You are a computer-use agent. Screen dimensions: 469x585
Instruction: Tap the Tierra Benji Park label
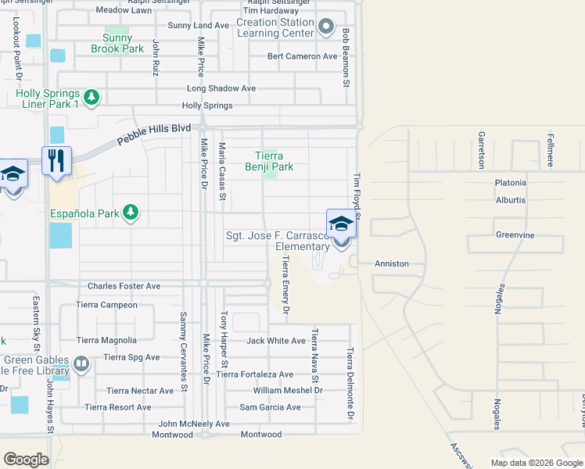269,161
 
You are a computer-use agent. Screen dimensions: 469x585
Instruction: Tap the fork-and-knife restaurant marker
56,161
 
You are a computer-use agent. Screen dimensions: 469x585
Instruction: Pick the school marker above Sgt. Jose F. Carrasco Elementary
341,224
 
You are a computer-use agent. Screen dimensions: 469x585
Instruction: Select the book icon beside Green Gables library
81,364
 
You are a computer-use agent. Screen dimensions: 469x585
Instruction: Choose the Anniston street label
392,263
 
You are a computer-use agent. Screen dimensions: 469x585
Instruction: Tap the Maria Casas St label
222,171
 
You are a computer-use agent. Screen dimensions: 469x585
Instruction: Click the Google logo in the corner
26,460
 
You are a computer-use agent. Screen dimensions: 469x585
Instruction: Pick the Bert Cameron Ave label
302,56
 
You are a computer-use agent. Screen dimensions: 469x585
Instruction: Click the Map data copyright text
537,463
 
